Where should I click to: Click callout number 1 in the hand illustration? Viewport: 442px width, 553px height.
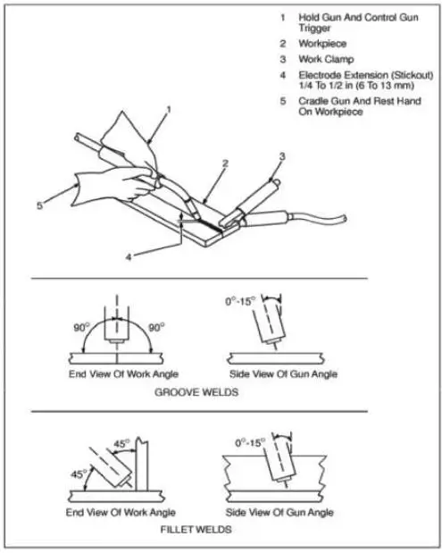click(166, 109)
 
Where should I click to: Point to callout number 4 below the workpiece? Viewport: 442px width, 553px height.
click(129, 256)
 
